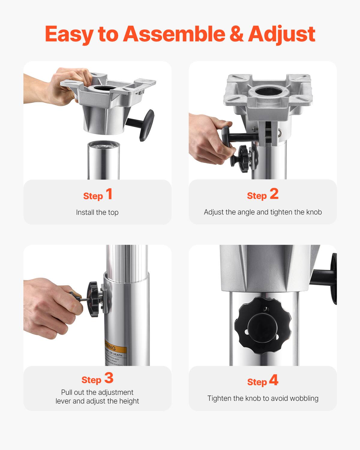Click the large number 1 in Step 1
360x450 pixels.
click(x=109, y=194)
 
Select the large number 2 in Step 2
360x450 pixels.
click(x=274, y=194)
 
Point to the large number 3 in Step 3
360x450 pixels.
click(x=109, y=378)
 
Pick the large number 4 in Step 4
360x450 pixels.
click(x=274, y=380)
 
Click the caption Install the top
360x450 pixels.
click(x=97, y=212)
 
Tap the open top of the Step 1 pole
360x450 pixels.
click(x=103, y=145)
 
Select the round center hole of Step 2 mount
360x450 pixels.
click(x=265, y=90)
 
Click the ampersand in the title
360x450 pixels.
click(x=237, y=34)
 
